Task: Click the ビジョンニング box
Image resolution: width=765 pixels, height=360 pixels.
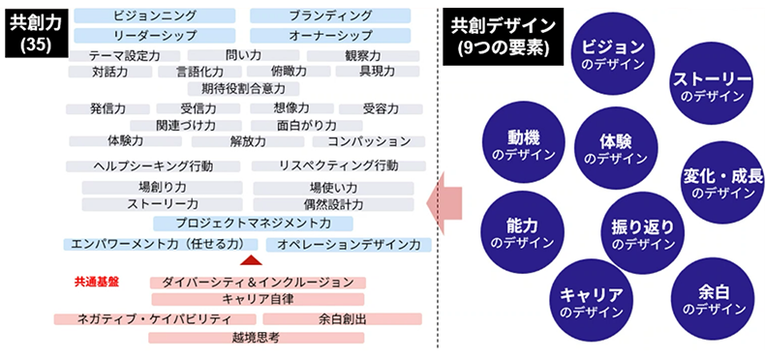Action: tap(155, 16)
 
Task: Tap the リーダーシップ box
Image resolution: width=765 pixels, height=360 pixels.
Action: tap(155, 35)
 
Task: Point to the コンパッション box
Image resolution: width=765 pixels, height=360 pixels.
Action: tap(369, 141)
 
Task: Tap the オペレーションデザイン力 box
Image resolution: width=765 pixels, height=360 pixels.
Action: tap(349, 245)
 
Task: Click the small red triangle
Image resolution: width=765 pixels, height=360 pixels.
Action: tap(250, 260)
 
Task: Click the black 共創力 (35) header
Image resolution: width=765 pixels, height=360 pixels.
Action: tap(30, 33)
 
